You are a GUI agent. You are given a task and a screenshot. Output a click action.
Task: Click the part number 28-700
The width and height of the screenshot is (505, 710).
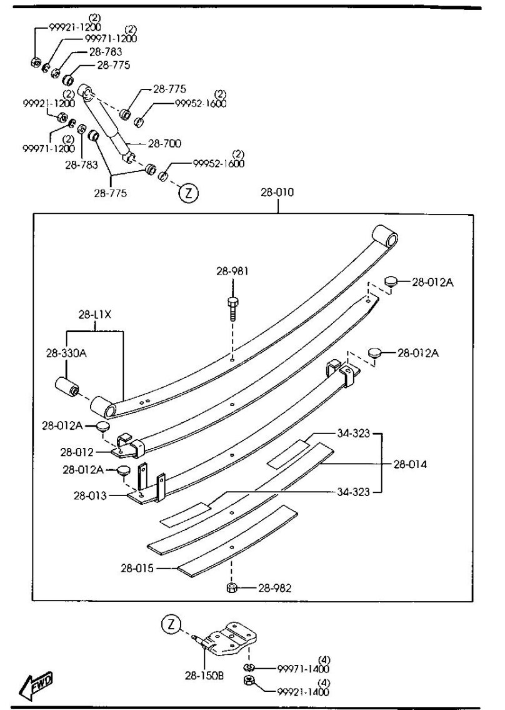pos(164,143)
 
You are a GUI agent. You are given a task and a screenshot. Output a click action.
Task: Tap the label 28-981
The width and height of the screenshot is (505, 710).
pos(232,270)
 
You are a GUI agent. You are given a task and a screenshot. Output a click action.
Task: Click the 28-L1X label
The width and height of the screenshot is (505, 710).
pos(94,314)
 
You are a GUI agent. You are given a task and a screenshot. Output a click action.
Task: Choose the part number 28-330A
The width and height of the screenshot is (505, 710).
pos(65,353)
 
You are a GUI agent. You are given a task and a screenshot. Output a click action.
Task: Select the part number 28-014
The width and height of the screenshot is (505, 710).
pos(410,464)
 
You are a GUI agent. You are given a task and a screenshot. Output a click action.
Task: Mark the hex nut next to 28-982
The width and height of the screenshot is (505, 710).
pos(232,588)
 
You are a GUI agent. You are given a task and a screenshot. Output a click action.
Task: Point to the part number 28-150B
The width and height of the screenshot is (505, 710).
pos(204,675)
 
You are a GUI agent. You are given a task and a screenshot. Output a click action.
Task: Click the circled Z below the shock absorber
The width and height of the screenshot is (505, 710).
pos(189,193)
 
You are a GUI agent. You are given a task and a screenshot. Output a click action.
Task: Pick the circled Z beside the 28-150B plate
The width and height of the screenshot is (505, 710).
pos(171,624)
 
